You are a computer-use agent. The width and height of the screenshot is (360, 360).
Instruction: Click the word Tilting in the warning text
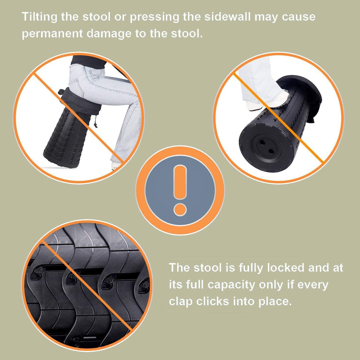point(39,17)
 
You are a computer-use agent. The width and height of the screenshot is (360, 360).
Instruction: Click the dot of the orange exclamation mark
point(180,209)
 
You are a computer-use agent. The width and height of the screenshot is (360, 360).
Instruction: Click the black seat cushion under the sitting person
point(81,101)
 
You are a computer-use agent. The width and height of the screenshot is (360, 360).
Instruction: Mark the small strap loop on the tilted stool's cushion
point(61,92)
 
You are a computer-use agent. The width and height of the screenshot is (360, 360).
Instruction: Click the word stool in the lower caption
point(207,268)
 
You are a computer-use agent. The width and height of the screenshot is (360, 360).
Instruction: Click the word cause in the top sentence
point(298,17)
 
